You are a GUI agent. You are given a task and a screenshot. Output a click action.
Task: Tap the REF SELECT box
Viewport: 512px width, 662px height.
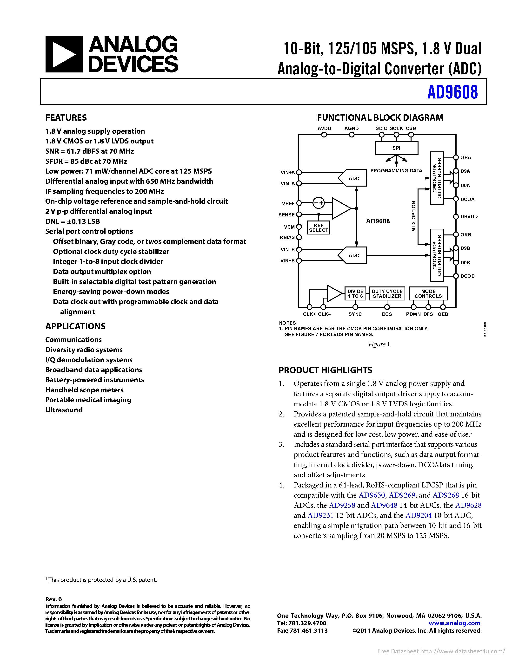[319, 228]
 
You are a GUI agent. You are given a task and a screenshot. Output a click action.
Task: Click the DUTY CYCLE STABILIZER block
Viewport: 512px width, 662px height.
[387, 294]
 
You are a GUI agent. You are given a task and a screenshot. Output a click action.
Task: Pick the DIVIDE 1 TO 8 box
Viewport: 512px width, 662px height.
[355, 294]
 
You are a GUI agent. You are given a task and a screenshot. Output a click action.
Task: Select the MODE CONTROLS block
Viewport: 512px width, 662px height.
[428, 294]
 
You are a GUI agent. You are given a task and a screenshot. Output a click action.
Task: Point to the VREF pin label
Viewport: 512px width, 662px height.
[288, 203]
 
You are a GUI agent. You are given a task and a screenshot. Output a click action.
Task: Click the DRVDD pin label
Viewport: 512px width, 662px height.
[469, 216]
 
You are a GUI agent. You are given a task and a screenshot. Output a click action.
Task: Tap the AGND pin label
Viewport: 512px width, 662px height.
[351, 129]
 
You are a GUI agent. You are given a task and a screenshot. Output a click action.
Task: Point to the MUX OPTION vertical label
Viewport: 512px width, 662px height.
[414, 216]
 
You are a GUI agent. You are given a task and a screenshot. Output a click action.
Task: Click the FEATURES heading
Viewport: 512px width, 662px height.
[66, 118]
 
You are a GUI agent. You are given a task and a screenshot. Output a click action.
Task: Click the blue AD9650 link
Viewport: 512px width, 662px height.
[372, 495]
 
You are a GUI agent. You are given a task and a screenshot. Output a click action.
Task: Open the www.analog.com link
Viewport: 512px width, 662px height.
[454, 623]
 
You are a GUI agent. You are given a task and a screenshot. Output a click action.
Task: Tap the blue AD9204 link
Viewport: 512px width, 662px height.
[418, 515]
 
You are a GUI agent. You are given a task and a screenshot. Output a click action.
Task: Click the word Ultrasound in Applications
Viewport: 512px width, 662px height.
[64, 410]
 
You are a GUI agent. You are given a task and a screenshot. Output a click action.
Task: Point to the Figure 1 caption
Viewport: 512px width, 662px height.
[380, 344]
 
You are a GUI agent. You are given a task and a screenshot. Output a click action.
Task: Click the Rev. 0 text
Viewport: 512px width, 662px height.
[53, 599]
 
